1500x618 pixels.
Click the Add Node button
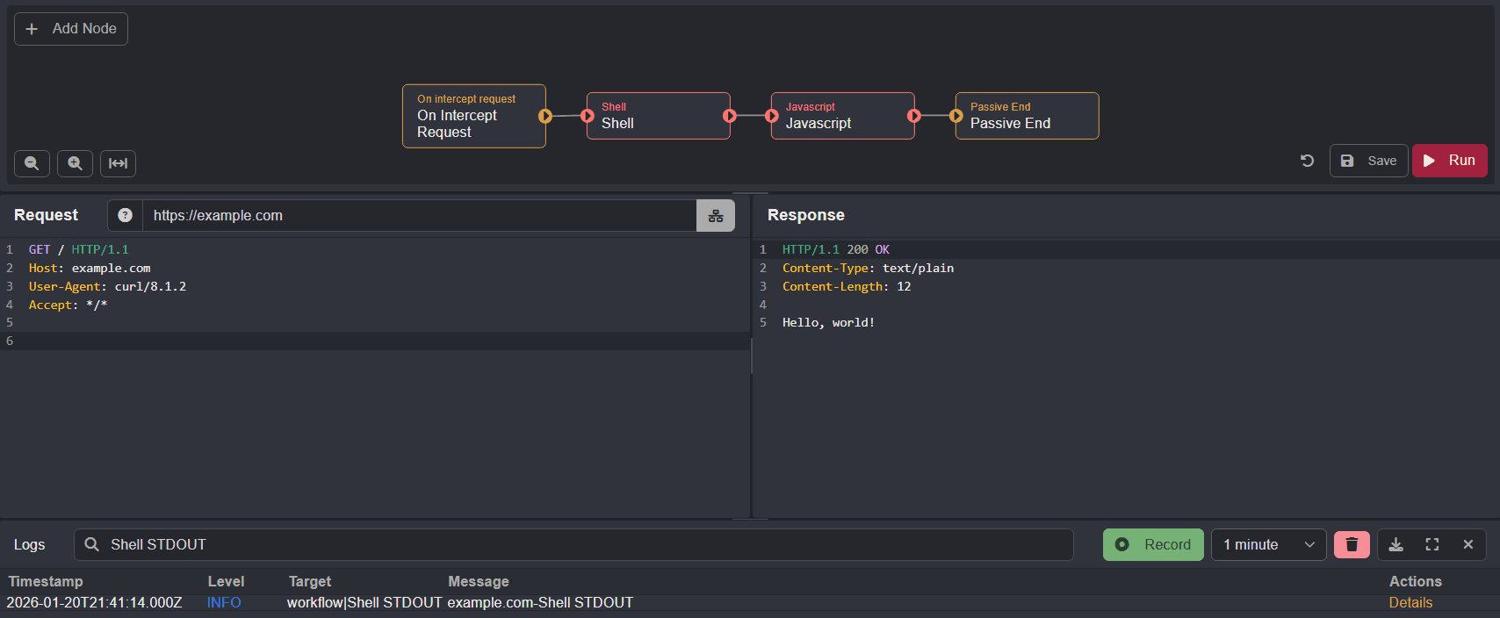71,29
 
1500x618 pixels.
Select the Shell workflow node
658,116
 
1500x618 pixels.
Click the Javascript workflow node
842,116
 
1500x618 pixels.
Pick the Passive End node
1027,116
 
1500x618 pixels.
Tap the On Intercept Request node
473,116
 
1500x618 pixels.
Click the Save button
1368,161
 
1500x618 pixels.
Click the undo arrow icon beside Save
1307,161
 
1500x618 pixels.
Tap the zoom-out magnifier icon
32,163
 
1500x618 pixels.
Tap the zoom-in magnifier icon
75,163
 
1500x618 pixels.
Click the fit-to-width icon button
118,163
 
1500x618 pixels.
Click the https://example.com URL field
420,216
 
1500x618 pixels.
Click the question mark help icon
125,216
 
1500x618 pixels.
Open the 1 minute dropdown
1268,545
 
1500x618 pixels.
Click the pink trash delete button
1352,545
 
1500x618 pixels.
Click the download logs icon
1395,545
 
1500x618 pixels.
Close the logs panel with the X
1468,545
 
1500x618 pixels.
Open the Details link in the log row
1410,603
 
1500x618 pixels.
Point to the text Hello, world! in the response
828,323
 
